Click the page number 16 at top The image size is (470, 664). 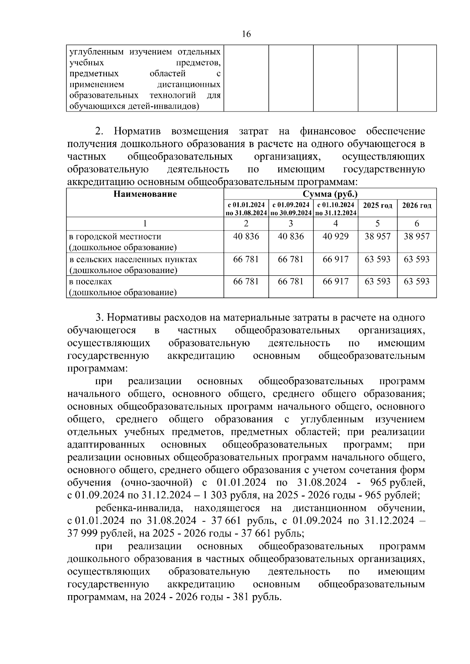pos(246,34)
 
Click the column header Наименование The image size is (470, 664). pos(145,194)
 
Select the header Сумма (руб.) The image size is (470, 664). pos(330,194)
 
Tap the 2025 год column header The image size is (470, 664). pos(378,206)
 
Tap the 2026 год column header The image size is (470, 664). pos(417,206)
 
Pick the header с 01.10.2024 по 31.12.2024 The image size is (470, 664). pos(336,209)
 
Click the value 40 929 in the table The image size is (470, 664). pos(336,236)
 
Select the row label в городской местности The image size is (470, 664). pos(115,237)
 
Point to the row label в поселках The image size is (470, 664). pos(91,282)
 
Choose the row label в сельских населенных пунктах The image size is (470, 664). pos(133,259)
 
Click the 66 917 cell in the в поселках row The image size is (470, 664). pos(336,282)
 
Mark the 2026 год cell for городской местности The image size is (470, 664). pos(417,236)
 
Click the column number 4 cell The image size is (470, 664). pos(336,223)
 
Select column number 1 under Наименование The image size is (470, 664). pos(145,223)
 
